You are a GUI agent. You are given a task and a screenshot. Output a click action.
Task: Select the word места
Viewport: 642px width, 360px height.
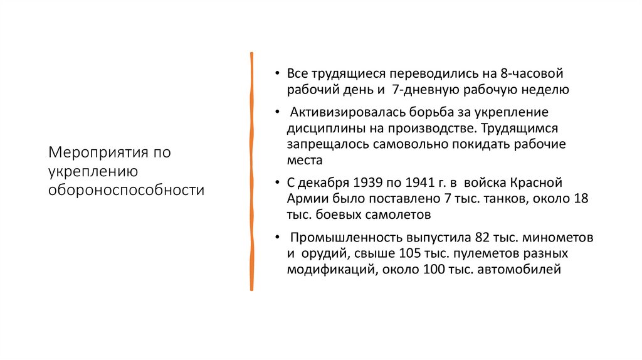tap(305, 161)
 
